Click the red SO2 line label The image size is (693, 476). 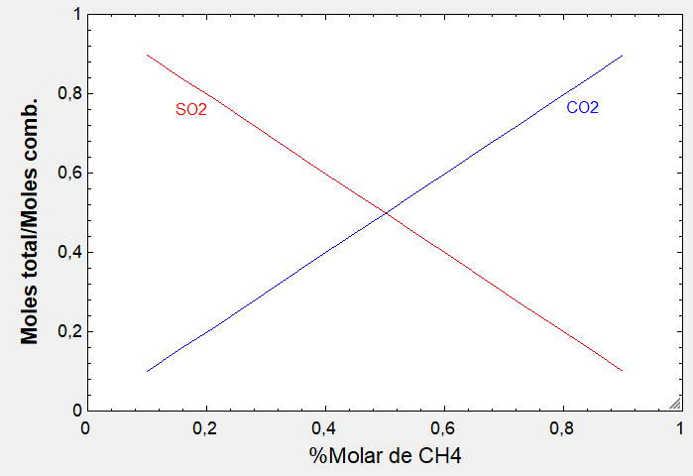point(190,110)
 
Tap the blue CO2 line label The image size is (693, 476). point(582,107)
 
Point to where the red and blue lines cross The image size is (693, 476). point(385,213)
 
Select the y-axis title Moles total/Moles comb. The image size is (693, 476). point(31,221)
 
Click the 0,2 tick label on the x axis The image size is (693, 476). point(205,429)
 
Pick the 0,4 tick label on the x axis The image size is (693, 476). point(324,429)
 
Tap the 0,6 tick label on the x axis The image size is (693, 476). point(443,429)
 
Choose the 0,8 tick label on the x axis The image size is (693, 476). point(562,429)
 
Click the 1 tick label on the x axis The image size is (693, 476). point(680,429)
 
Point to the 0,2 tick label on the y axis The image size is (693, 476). point(67,331)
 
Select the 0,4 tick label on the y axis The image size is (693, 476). point(67,252)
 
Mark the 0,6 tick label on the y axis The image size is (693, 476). point(67,174)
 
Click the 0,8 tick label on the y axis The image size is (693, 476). point(67,94)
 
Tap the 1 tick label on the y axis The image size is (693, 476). point(76,16)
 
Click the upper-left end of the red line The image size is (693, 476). point(147,55)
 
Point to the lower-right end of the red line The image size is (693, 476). point(622,371)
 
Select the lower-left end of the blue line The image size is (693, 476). point(147,371)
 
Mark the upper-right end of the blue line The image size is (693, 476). point(622,55)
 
